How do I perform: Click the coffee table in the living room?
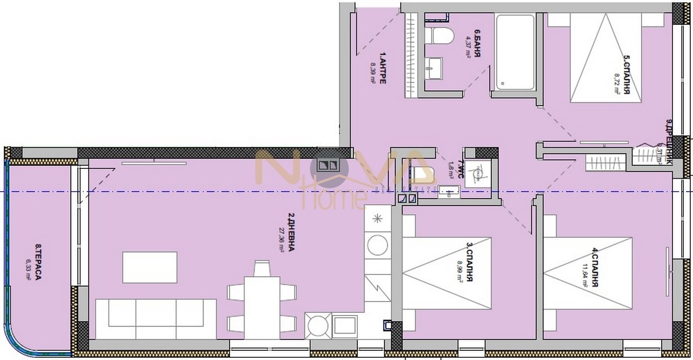150,267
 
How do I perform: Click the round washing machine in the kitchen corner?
317,326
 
